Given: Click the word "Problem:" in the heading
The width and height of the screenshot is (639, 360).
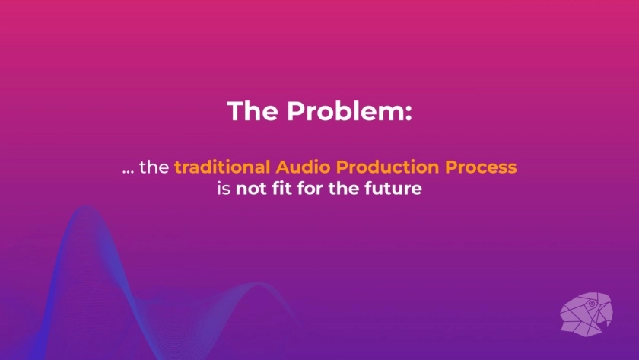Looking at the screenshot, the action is [350, 111].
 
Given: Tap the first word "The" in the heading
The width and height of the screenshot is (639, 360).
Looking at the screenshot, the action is [253, 110].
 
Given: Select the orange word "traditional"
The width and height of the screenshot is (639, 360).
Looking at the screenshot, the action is [222, 167].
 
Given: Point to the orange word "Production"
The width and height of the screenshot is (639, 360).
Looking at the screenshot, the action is [387, 167].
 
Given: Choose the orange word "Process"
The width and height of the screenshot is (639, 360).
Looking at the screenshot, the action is [481, 167].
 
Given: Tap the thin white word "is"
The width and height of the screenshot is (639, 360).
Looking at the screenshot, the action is [224, 188].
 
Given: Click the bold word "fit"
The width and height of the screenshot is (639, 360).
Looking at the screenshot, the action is [282, 188].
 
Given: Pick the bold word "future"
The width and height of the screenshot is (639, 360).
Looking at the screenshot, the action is [393, 188].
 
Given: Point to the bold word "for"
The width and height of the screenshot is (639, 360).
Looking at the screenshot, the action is [310, 188].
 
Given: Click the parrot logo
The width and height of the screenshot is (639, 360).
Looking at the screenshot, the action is [587, 314].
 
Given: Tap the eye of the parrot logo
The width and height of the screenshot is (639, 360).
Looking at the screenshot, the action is [592, 304].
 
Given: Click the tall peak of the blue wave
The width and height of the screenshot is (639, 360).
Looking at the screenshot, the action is [86, 207].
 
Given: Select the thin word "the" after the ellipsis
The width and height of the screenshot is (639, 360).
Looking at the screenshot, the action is [154, 167].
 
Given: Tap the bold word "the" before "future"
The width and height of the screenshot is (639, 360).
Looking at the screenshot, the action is [344, 188].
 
